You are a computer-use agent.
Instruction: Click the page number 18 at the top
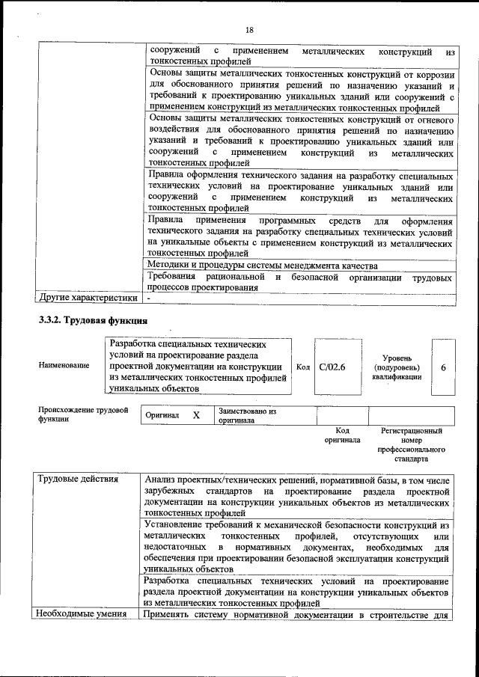[249, 29]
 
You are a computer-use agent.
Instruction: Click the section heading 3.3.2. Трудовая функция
[92, 321]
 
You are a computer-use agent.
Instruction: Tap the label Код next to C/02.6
[303, 367]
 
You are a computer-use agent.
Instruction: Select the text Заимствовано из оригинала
[247, 416]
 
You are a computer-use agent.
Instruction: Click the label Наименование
[63, 365]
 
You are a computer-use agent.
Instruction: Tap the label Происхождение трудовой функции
[82, 415]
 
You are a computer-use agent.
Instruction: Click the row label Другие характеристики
[88, 298]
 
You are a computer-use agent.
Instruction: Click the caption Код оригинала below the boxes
[342, 435]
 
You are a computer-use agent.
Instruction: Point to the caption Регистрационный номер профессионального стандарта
[411, 445]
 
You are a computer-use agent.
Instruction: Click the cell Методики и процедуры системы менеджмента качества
[262, 266]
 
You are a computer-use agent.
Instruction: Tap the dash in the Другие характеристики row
[150, 298]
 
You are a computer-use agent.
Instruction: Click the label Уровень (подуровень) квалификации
[396, 367]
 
